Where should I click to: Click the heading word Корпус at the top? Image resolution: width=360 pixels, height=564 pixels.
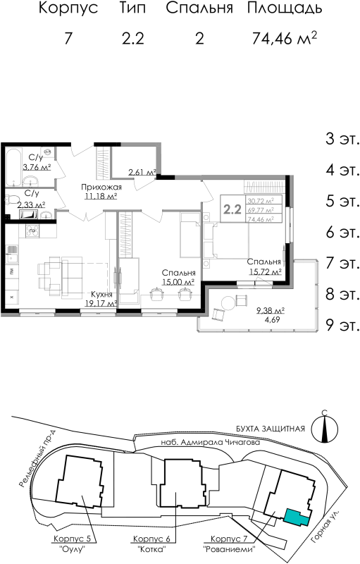pos(67,9)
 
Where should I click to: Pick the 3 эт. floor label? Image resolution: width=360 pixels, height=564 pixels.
pos(340,138)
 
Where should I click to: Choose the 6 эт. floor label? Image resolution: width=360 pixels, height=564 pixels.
pos(340,233)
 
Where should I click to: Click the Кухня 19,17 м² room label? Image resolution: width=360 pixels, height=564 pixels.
pos(102,300)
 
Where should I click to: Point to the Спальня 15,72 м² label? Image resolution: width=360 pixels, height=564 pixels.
pos(264,266)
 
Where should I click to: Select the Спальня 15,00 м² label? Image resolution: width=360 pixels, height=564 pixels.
pos(178,277)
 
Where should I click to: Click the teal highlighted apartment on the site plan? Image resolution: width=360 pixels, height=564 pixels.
pos(296,517)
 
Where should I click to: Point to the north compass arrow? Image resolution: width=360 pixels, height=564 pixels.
pos(325,426)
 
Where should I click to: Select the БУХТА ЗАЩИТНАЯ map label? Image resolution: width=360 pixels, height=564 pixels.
pos(270,428)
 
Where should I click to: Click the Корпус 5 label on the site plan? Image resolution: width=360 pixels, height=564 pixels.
pos(73,539)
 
